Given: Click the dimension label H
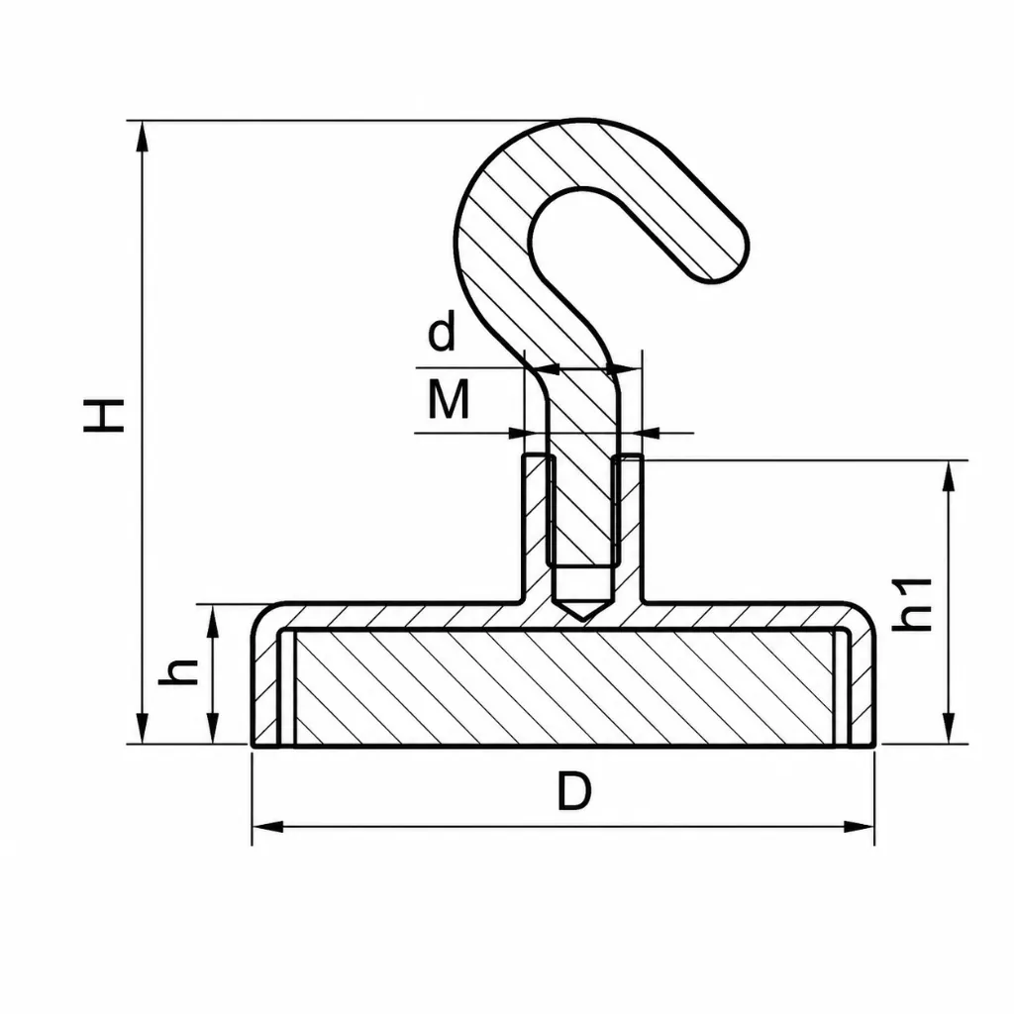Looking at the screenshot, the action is click(103, 415).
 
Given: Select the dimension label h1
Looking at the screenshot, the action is click(911, 605).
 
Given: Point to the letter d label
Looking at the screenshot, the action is click(442, 331).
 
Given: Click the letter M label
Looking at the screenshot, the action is click(449, 399).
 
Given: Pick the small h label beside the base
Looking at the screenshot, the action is click(178, 672).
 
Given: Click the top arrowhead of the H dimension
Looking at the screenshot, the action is click(143, 136).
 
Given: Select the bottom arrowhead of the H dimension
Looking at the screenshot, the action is click(143, 729).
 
